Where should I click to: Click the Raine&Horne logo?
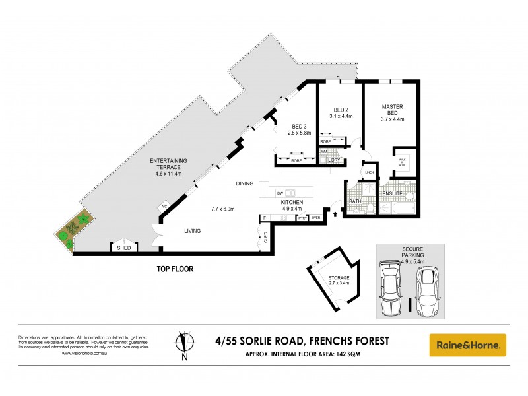[x=468, y=344]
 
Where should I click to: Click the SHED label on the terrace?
[x=123, y=248]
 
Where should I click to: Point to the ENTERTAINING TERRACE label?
[x=169, y=164]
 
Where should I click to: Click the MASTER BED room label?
[x=392, y=110]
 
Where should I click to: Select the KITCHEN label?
[x=292, y=202]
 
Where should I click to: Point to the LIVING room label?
[x=193, y=231]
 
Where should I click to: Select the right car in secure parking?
[x=429, y=290]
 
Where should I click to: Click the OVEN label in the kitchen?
[x=315, y=218]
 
